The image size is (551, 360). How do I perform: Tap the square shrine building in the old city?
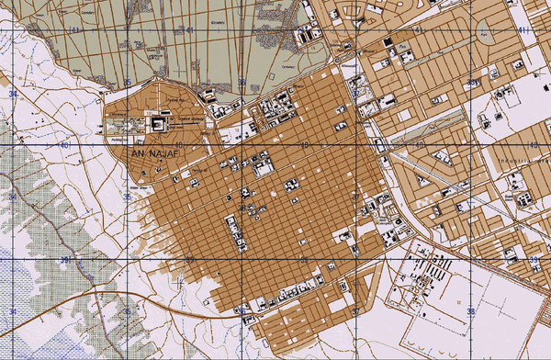pos(157,122)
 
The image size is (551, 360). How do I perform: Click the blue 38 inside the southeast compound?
pos(471,312)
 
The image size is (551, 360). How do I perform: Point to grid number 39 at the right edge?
pos(533,261)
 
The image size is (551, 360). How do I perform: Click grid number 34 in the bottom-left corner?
pos(13,313)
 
